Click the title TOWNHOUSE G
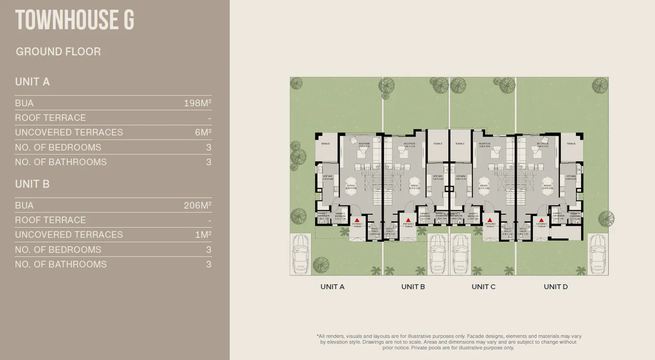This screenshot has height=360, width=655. click(x=74, y=20)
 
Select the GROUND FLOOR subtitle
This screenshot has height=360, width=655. click(x=58, y=52)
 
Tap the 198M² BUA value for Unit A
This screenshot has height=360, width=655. click(x=197, y=103)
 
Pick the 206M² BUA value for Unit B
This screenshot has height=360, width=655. click(x=197, y=205)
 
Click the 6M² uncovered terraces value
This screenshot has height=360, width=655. click(x=203, y=132)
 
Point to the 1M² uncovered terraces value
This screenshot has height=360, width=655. click(x=203, y=235)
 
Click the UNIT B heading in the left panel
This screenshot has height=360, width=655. click(x=32, y=184)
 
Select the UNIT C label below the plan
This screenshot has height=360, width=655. click(x=483, y=287)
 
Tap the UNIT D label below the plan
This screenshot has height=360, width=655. click(x=555, y=287)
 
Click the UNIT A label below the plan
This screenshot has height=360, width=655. click(x=332, y=287)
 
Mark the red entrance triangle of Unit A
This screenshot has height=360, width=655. click(x=357, y=220)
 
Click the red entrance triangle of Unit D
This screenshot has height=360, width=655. click(x=541, y=220)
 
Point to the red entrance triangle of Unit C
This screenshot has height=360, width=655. click(x=490, y=220)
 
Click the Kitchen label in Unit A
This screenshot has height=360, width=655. click(x=327, y=177)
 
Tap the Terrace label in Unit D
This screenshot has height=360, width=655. click(x=571, y=143)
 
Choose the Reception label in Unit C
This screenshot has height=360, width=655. click(x=485, y=144)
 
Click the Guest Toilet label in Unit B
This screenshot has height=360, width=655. click(x=389, y=230)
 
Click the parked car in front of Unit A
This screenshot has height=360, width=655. click(x=301, y=255)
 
